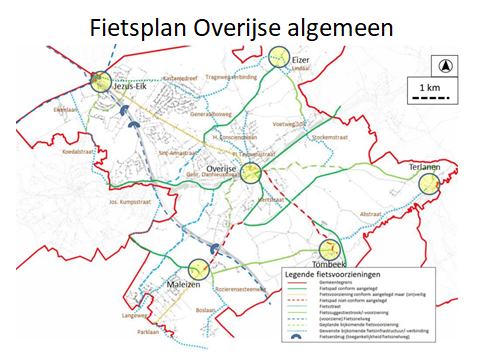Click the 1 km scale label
434,90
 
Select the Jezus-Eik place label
134,86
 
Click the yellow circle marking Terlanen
430,184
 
